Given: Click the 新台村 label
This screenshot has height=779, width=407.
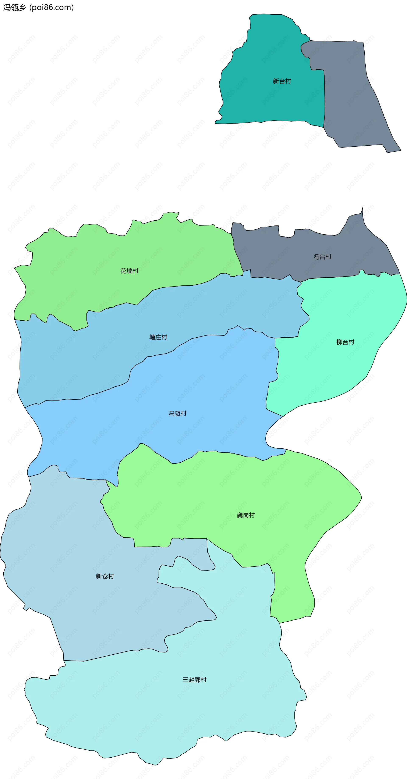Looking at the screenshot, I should pos(282,81).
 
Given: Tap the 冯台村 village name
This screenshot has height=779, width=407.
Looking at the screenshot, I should pos(322,257).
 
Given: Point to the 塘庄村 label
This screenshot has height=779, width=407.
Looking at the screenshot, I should pos(158,337).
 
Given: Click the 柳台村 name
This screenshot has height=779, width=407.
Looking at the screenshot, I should pos(345,342).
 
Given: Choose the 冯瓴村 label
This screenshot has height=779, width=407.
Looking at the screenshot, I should pos(177,413).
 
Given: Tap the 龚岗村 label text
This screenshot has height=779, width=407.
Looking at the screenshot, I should pos(246,515).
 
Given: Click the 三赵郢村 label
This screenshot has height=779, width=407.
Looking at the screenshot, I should pos(194,680).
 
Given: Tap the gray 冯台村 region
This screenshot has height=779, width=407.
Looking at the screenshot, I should pos(272,254).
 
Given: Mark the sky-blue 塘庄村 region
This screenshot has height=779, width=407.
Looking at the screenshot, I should pos(91,357).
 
